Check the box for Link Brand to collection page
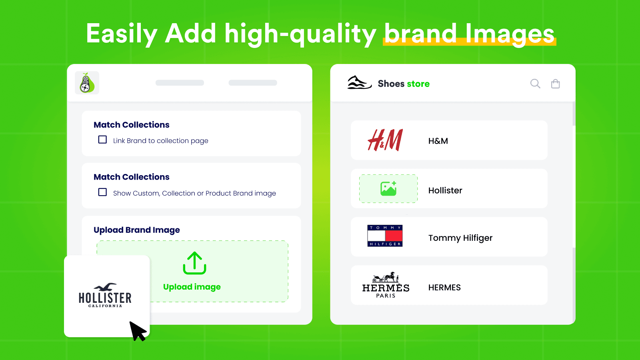pos(102,140)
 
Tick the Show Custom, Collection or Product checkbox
pos(102,192)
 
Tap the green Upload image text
pos(192,287)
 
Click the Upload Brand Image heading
pos(137,230)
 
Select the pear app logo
pos(87,83)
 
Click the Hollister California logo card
pos(105,296)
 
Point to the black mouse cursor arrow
pos(137,330)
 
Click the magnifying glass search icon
pos(535,84)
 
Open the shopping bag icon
pos(555,84)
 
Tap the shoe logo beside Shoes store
pos(359,83)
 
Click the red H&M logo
pos(385,140)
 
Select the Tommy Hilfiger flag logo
pos(385,236)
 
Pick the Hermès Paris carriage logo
pos(386,285)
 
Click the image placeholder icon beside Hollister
pos(388,189)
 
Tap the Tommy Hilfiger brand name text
pos(460,238)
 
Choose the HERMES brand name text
pos(444,288)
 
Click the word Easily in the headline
pos(122,34)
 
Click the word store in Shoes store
pos(418,84)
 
